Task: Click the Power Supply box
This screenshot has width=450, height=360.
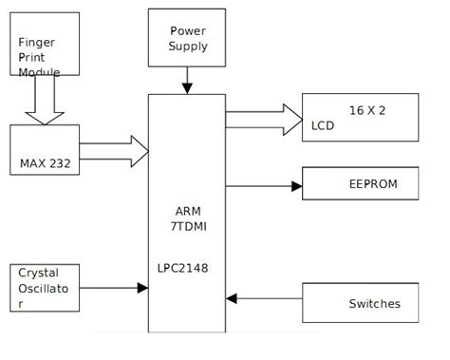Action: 188,39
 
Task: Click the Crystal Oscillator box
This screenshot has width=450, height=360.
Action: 46,287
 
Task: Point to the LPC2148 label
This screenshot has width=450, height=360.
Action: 182,269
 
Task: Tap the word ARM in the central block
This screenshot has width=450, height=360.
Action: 187,211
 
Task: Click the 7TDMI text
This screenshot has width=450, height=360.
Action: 187,228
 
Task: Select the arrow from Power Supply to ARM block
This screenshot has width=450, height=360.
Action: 187,83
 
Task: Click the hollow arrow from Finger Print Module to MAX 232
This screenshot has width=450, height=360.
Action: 42,101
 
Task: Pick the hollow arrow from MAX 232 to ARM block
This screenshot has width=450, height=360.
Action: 114,150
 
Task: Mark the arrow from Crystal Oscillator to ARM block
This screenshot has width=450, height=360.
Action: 114,288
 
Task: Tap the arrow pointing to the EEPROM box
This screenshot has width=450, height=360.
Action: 263,185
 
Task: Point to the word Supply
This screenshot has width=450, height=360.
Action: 188,46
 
